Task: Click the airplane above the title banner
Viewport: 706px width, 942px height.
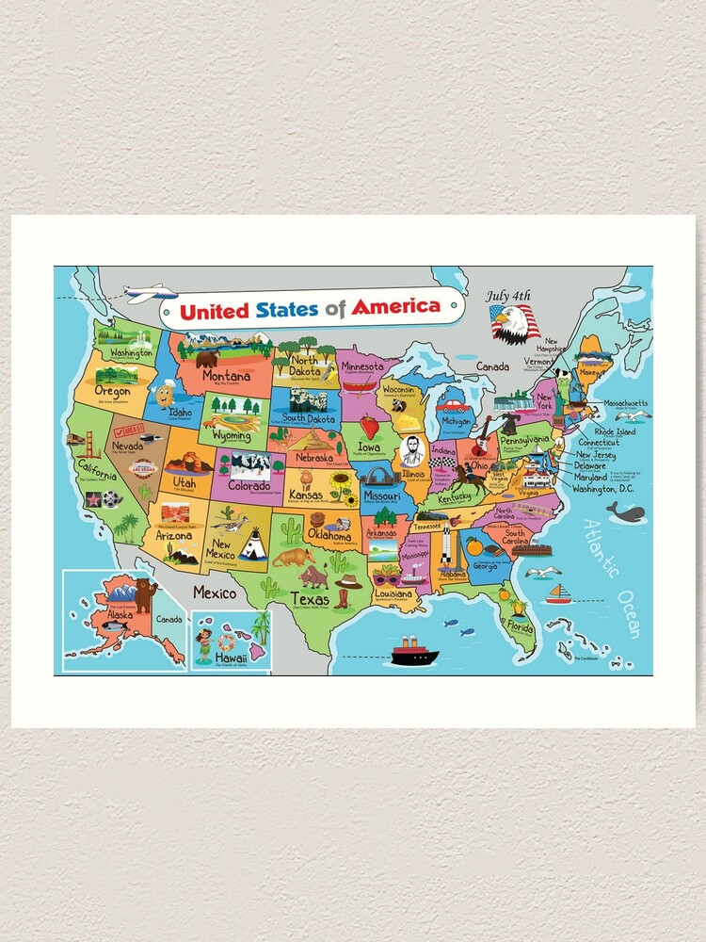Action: pos(151,293)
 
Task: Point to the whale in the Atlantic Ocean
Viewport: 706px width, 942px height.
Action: pos(624,512)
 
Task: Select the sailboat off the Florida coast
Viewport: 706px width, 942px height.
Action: pos(558,593)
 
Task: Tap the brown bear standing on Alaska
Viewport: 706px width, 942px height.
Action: pos(145,594)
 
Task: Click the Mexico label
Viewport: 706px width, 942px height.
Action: pos(215,593)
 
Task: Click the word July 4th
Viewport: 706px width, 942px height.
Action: pos(508,296)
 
